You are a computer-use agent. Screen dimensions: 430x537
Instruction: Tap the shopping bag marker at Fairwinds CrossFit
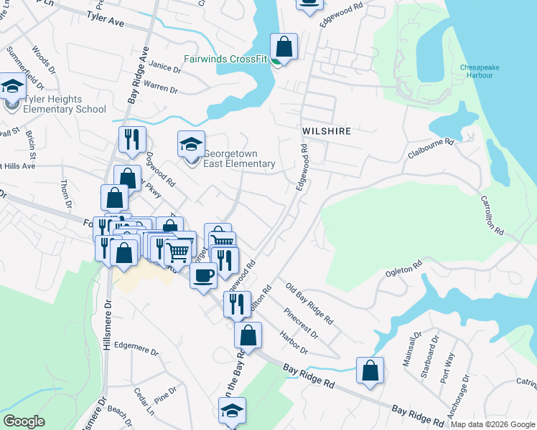pos(284,47)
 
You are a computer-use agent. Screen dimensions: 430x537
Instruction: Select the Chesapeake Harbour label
pos(476,71)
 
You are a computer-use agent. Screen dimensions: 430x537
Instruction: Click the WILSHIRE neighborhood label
pos(326,131)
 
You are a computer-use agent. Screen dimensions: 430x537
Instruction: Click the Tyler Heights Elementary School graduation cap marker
pos(12,87)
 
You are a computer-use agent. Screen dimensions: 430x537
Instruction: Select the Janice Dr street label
pos(165,67)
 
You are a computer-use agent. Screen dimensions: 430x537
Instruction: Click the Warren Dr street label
pos(161,87)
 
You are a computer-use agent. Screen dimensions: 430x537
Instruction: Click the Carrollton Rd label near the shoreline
pos(492,216)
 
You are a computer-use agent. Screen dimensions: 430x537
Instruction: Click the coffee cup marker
pos(203,275)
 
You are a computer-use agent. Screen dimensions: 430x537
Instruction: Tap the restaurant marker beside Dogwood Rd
pos(132,140)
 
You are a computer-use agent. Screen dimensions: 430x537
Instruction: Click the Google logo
pos(24,421)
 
